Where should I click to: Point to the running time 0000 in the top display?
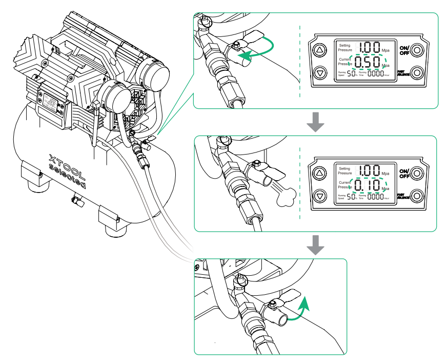point(376,74)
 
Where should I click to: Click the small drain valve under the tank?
point(77,201)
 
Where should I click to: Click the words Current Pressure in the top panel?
point(345,62)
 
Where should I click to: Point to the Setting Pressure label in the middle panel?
point(344,170)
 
